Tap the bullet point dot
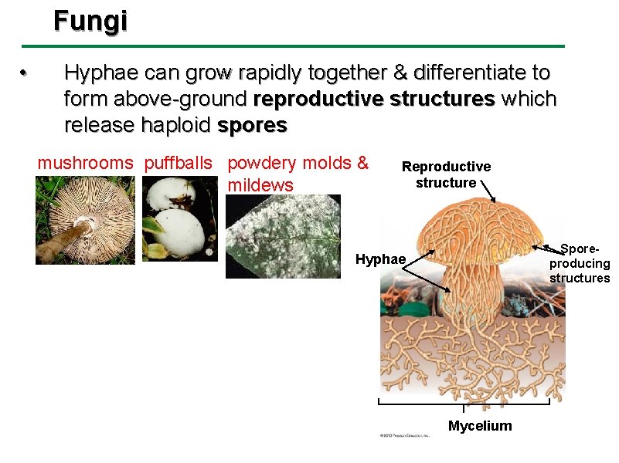[x=24, y=74]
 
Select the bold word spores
[x=252, y=125]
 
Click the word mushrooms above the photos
[x=86, y=164]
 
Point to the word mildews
[x=260, y=185]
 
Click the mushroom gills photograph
[x=85, y=220]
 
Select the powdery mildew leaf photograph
[x=283, y=235]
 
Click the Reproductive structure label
[x=446, y=174]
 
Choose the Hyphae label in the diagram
[x=380, y=259]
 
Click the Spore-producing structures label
[x=579, y=264]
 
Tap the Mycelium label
[x=480, y=426]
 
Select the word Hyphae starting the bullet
[x=95, y=73]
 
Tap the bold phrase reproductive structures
[x=374, y=100]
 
